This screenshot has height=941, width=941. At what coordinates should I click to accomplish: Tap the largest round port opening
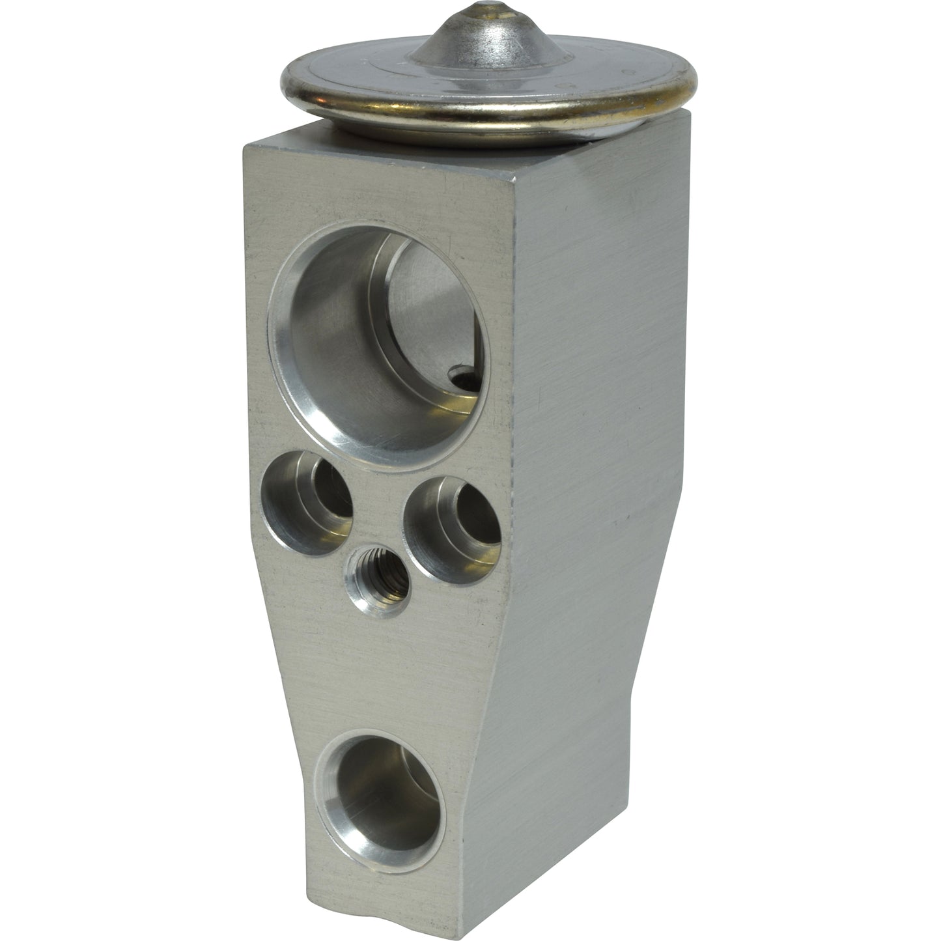[x=380, y=339]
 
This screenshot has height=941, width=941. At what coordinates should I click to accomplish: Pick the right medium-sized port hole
[x=451, y=527]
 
